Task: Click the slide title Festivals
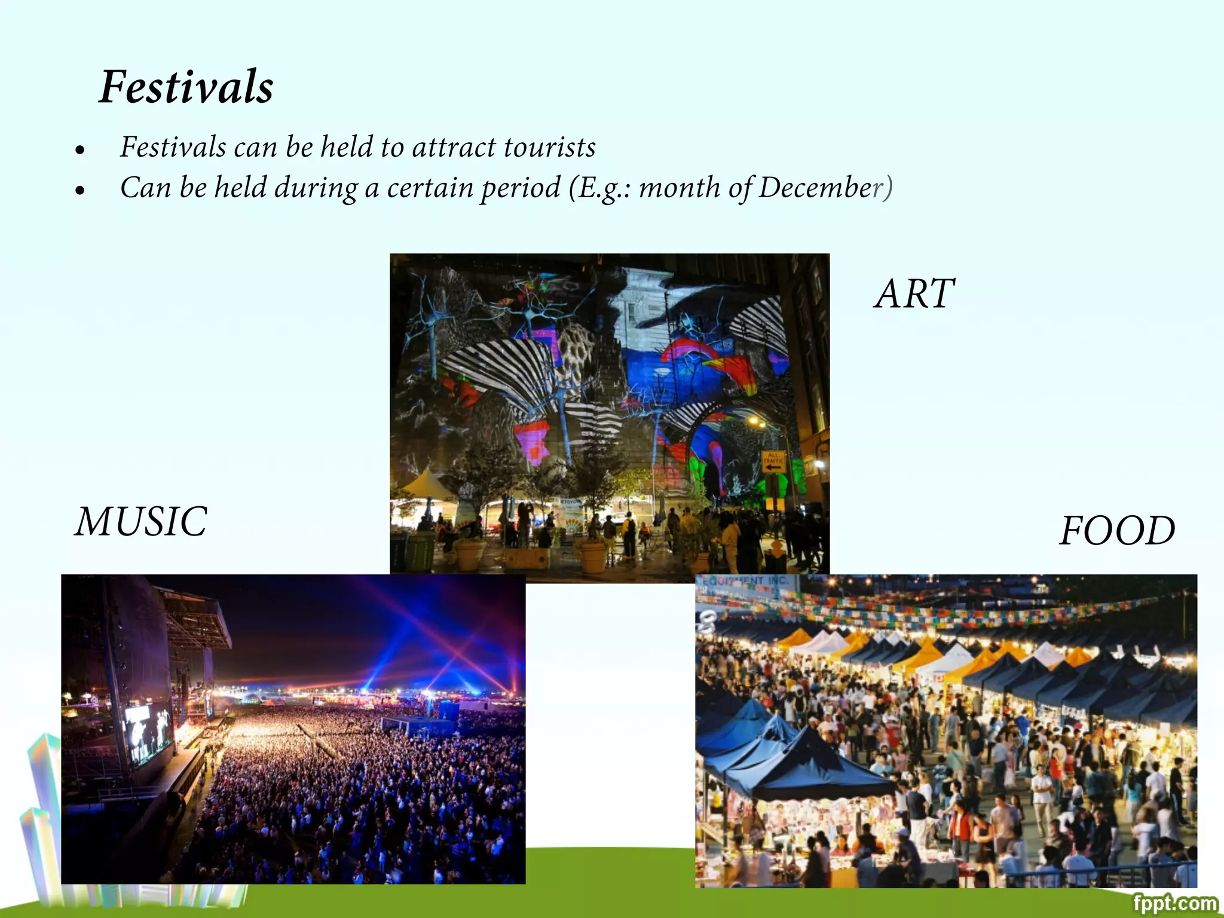(x=186, y=87)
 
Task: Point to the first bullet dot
(x=80, y=151)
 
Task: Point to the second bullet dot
(x=80, y=191)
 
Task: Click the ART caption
(x=914, y=294)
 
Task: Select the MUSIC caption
(x=141, y=522)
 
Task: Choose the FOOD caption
(x=1117, y=531)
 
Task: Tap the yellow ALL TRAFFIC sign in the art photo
(x=773, y=461)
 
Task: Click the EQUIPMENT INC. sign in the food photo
(x=747, y=581)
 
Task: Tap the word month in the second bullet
(x=679, y=188)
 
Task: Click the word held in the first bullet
(x=347, y=148)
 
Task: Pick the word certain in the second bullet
(x=430, y=188)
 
